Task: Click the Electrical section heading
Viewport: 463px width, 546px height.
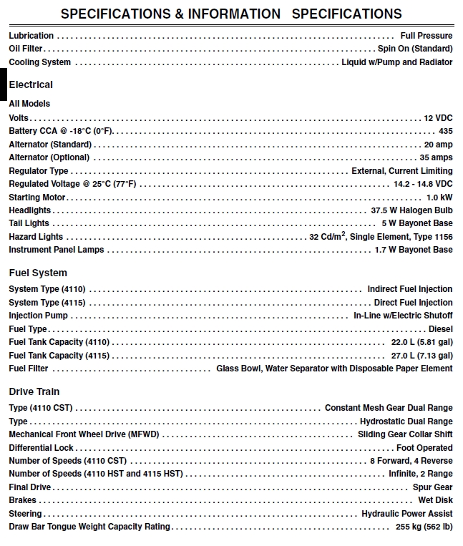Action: [31, 84]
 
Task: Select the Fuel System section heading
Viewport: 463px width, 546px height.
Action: [38, 273]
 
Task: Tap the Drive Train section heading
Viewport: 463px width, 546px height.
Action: [34, 391]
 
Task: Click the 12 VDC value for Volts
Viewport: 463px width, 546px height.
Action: [438, 117]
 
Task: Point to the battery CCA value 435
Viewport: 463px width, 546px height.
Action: [445, 131]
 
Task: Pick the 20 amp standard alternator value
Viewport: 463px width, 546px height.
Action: [438, 145]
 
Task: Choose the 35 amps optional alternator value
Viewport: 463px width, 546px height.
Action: [436, 157]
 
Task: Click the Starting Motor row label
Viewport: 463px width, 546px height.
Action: [37, 198]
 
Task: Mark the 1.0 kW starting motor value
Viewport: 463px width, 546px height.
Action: [439, 198]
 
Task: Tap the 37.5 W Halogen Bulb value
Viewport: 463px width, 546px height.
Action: [411, 210]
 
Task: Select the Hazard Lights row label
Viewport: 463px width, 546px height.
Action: [36, 237]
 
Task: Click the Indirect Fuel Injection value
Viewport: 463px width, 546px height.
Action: [410, 289]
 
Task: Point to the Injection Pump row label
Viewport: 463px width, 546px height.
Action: [39, 316]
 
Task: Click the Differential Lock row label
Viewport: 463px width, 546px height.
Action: [42, 448]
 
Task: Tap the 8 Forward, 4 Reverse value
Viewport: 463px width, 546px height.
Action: [411, 461]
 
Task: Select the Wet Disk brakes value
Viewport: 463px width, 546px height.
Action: [435, 500]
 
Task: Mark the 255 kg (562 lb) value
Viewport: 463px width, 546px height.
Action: [424, 527]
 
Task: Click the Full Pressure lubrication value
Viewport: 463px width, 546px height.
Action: [427, 35]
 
